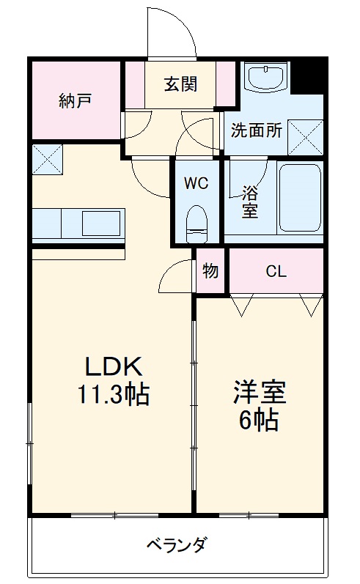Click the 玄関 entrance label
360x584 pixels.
click(x=180, y=84)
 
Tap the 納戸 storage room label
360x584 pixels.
click(x=75, y=100)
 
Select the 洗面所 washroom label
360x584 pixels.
click(x=257, y=131)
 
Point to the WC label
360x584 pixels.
click(x=196, y=183)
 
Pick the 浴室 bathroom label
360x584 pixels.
click(x=250, y=201)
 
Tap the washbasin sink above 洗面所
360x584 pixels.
click(x=265, y=77)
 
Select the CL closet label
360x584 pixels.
click(x=276, y=271)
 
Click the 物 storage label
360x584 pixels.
click(x=210, y=271)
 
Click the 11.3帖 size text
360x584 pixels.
click(x=114, y=396)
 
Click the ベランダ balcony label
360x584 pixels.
click(x=176, y=545)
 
